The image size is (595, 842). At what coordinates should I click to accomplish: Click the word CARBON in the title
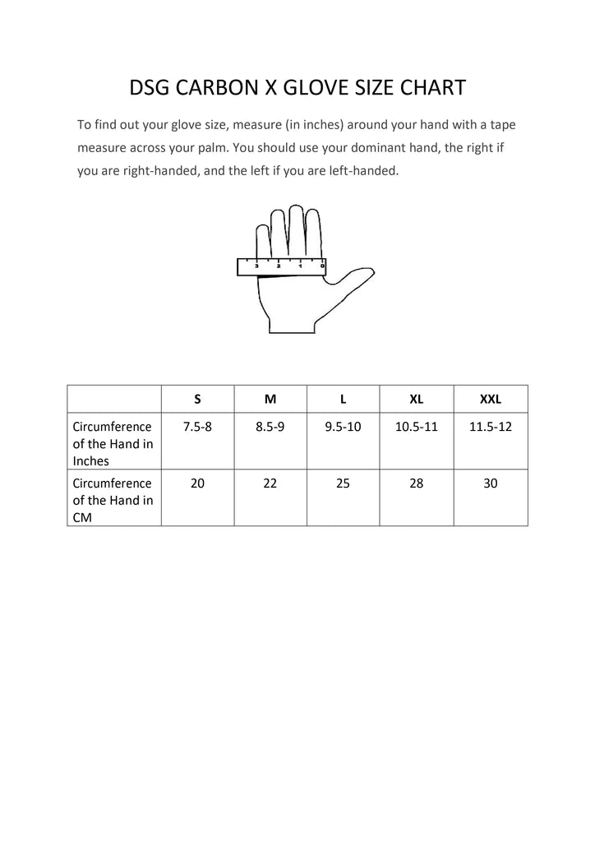217,88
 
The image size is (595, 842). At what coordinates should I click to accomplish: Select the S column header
197,399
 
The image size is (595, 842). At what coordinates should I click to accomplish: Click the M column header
270,399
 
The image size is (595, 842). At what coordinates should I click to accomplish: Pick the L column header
343,399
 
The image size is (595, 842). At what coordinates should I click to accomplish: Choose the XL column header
417,399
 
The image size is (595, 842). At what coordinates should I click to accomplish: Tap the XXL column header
491,399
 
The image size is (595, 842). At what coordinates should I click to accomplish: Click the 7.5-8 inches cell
197,428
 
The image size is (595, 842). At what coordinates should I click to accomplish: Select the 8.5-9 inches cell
270,428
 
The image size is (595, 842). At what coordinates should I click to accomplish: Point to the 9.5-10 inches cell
343,428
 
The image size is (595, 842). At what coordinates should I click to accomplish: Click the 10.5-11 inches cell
417,428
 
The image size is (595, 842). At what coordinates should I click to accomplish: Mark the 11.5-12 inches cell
491,428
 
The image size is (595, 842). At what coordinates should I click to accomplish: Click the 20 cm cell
197,483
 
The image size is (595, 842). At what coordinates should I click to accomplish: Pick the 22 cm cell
270,483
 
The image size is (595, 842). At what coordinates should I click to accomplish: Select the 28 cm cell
417,483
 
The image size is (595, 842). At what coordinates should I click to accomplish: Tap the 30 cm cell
491,483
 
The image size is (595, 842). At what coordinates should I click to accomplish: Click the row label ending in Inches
113,444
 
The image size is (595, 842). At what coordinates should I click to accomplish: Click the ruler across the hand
281,266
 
